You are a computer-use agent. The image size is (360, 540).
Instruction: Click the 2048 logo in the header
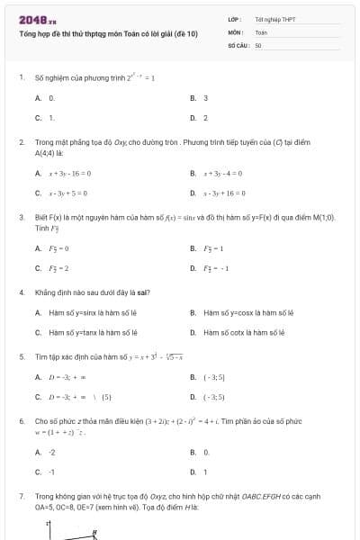click(x=31, y=19)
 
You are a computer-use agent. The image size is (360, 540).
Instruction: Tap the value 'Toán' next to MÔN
click(x=261, y=31)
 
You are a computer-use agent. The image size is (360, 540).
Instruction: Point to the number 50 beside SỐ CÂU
click(x=257, y=43)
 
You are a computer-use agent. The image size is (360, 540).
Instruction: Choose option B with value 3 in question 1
click(x=205, y=97)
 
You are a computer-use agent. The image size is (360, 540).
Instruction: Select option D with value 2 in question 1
click(x=205, y=117)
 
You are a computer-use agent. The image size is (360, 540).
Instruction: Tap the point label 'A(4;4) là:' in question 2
click(x=53, y=153)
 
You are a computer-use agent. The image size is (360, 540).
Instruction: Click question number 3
click(x=21, y=217)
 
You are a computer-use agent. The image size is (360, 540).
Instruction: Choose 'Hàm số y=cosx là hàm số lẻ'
click(x=243, y=312)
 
